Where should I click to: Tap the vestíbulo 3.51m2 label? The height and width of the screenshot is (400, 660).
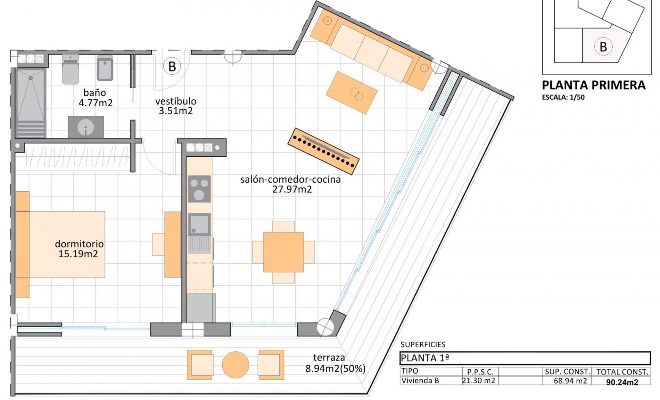click(x=172, y=105)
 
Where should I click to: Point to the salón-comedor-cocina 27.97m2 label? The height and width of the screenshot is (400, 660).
click(x=290, y=184)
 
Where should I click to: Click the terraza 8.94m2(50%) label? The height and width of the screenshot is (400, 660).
click(x=335, y=363)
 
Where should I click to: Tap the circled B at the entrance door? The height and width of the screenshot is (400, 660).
click(x=172, y=66)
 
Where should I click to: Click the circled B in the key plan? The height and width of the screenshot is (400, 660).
click(x=603, y=47)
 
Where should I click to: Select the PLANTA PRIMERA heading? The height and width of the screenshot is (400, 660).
click(x=594, y=85)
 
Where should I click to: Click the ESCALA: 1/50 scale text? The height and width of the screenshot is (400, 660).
click(x=563, y=98)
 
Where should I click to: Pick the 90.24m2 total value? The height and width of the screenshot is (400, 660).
click(x=622, y=382)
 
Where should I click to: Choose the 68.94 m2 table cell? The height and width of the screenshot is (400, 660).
click(x=567, y=381)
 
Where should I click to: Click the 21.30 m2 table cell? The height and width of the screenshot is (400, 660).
click(x=478, y=381)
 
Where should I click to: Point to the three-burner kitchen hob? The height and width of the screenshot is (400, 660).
click(x=199, y=189)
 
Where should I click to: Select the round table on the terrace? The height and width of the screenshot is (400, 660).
click(x=236, y=365)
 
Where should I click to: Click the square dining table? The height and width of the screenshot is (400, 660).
click(x=283, y=252)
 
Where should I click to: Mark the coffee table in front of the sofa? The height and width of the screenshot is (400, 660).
click(x=351, y=92)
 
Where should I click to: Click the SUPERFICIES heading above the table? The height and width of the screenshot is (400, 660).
click(x=423, y=344)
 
